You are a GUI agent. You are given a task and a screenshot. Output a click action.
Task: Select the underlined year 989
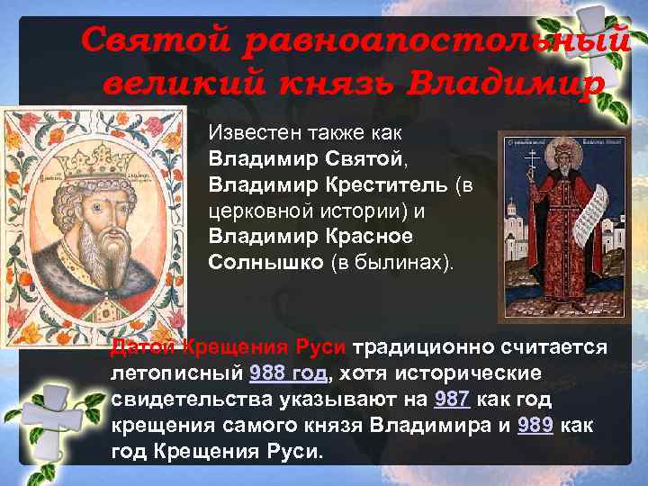click(536, 423)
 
